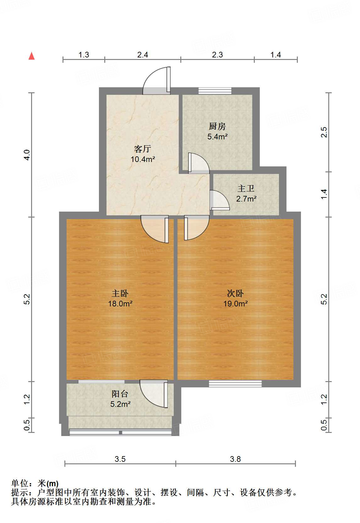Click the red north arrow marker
(x=31, y=56)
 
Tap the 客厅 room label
(x=143, y=148)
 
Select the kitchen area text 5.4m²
(x=217, y=137)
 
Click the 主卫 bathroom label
(x=246, y=188)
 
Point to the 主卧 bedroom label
(x=120, y=293)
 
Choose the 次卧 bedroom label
(x=235, y=293)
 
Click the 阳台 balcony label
(x=120, y=394)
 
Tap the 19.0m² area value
(x=235, y=304)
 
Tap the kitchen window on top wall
(x=215, y=91)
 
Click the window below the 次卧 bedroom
(x=235, y=383)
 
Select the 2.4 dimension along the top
(x=143, y=55)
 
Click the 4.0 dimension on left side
(x=27, y=155)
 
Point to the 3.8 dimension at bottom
(x=235, y=459)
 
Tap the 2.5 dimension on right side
(x=324, y=132)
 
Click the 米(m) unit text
(x=48, y=483)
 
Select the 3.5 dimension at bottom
(x=120, y=459)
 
